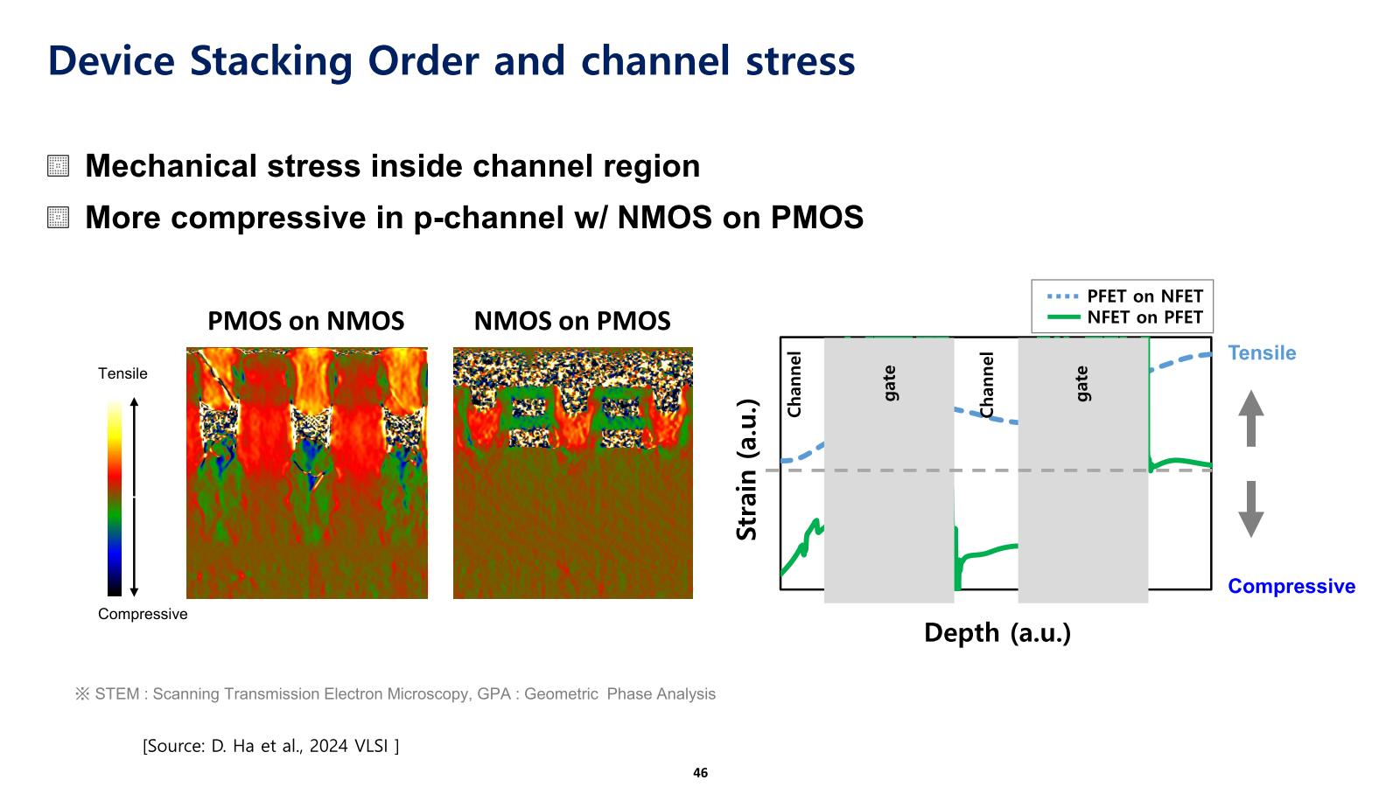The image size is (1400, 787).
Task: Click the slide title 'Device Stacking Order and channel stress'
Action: tap(451, 61)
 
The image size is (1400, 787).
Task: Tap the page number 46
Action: tap(700, 773)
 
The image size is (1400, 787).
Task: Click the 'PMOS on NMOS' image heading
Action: tap(305, 322)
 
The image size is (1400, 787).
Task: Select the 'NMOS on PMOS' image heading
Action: tap(572, 322)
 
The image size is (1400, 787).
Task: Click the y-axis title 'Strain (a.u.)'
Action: tap(746, 470)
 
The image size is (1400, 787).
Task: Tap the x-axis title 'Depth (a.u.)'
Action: tap(997, 633)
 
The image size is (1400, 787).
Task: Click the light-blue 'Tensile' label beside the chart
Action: tap(1262, 353)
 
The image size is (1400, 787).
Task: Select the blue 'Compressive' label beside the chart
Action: tap(1291, 587)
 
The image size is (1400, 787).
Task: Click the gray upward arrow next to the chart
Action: tap(1251, 418)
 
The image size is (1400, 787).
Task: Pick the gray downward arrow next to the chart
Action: tap(1251, 509)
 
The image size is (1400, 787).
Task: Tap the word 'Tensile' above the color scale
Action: tap(122, 374)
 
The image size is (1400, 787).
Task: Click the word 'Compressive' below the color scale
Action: tap(143, 615)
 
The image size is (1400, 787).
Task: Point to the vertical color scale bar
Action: tap(115, 498)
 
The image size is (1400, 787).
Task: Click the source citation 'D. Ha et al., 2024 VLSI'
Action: tap(271, 747)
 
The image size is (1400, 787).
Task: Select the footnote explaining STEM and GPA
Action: tap(395, 694)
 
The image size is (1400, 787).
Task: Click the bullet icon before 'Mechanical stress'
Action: tap(59, 166)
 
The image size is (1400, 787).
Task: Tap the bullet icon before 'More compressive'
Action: tap(59, 217)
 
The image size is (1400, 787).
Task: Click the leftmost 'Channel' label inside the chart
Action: tap(794, 385)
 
